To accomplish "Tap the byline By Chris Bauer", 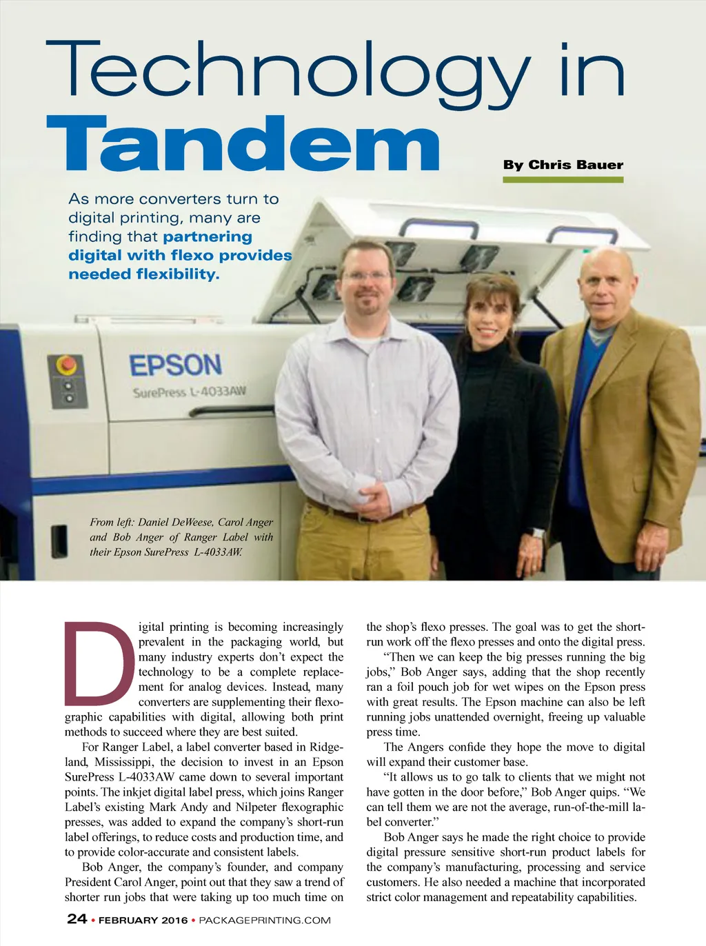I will [563, 165].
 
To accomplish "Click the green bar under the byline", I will [563, 180].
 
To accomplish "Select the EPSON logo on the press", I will [176, 365].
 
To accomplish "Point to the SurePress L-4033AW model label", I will [189, 392].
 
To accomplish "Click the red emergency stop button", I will [67, 363].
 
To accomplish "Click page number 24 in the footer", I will [77, 918].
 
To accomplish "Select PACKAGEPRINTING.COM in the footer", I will [265, 920].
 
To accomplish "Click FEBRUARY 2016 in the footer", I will [143, 920].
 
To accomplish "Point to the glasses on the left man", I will [365, 276].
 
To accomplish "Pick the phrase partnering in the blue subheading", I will [208, 236].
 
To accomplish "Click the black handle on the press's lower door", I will [60, 541].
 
